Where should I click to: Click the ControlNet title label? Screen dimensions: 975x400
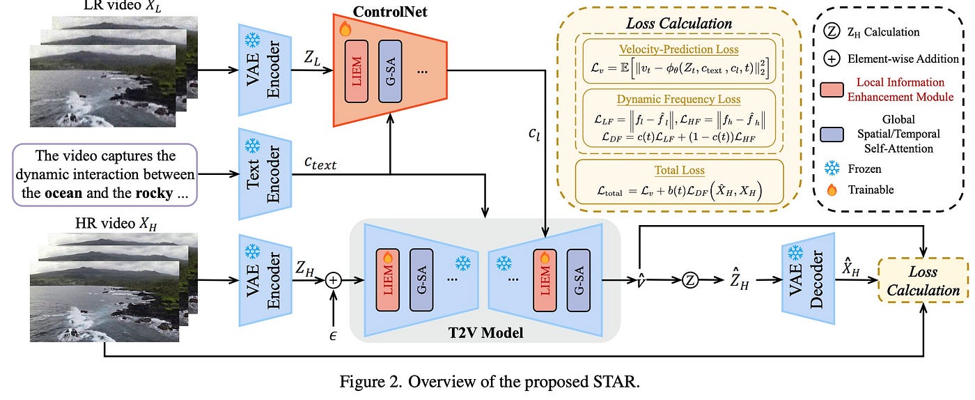click(x=389, y=12)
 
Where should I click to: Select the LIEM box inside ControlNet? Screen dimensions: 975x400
click(x=357, y=72)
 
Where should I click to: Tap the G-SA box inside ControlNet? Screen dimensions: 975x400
click(x=390, y=72)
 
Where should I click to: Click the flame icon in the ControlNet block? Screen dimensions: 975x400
click(x=345, y=29)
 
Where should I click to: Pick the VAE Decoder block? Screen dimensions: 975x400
click(x=808, y=279)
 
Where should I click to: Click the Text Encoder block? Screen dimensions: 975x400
click(x=265, y=174)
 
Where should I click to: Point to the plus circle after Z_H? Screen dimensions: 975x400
click(x=334, y=280)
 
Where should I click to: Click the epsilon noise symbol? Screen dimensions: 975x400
click(x=333, y=335)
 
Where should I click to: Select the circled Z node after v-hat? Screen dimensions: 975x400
click(x=690, y=280)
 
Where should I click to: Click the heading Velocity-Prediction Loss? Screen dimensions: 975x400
click(x=678, y=49)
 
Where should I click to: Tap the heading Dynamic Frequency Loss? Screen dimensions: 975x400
click(x=678, y=100)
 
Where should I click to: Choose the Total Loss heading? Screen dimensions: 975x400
click(x=680, y=170)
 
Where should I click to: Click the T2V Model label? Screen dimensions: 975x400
click(x=486, y=333)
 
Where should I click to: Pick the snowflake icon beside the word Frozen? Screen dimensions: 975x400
click(x=832, y=168)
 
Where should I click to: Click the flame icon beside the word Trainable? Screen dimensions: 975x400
click(x=832, y=190)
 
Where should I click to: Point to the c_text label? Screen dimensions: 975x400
click(x=320, y=163)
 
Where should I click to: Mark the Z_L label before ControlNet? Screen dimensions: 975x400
click(x=312, y=58)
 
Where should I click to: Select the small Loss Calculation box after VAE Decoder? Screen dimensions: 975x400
click(x=923, y=280)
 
